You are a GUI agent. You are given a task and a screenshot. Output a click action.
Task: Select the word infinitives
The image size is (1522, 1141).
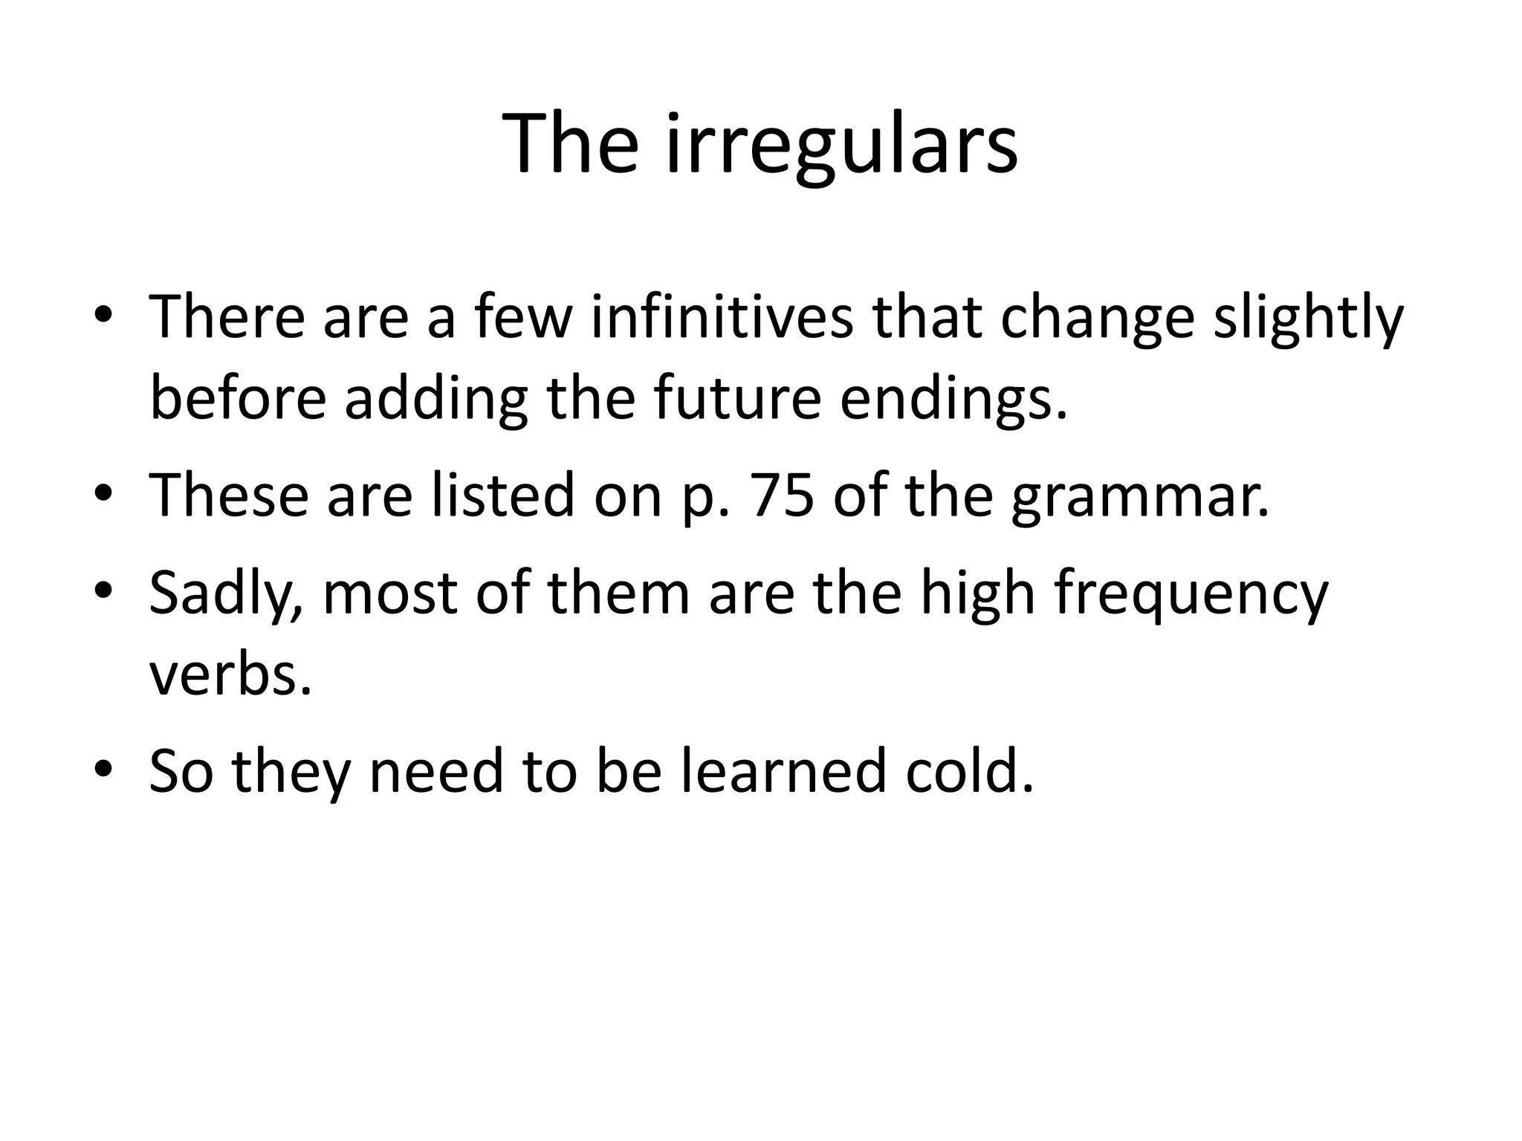(722, 317)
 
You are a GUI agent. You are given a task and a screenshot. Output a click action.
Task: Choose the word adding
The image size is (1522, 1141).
(435, 400)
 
